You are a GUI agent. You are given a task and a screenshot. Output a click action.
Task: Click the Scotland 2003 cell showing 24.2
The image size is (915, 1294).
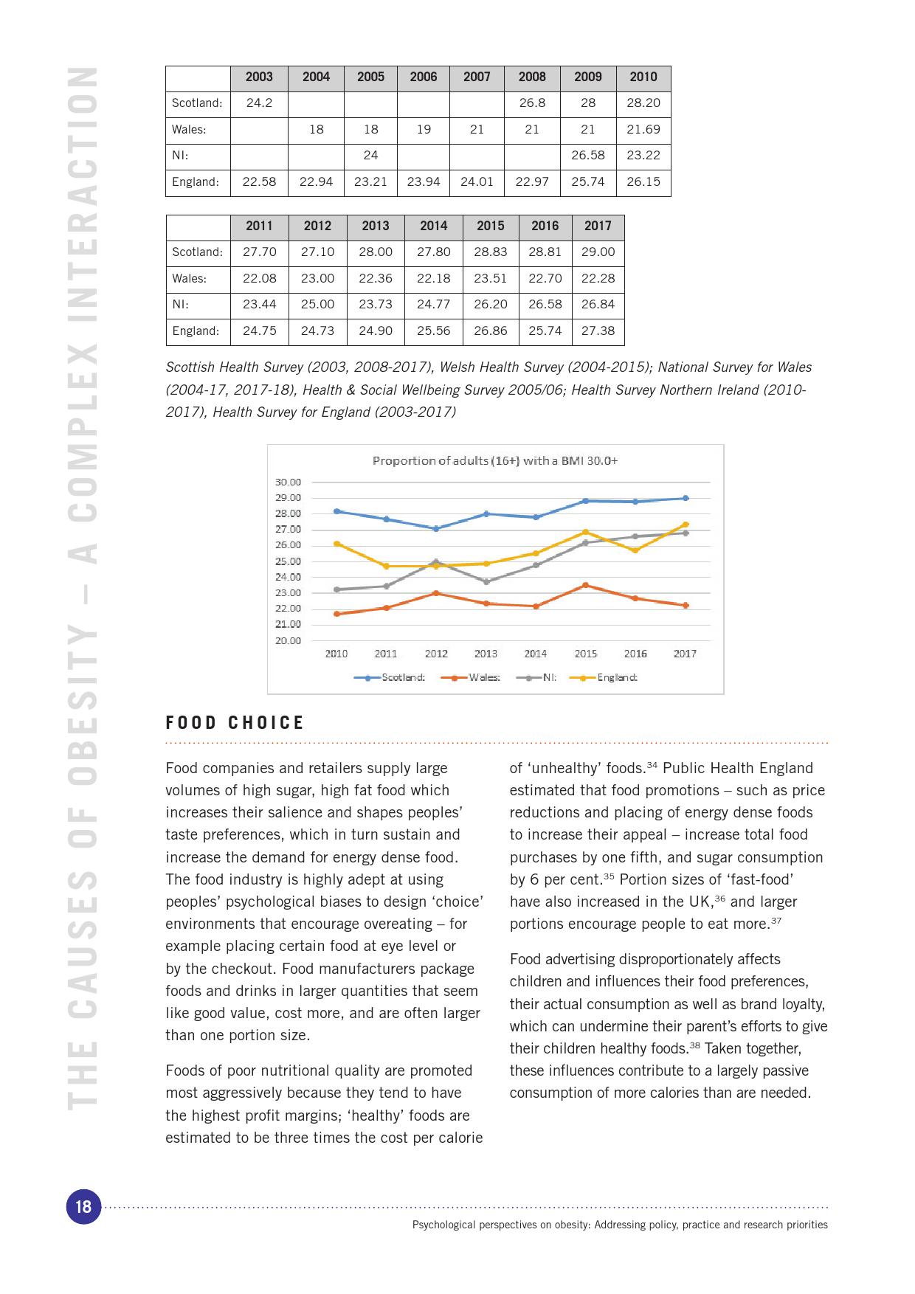pyautogui.click(x=259, y=103)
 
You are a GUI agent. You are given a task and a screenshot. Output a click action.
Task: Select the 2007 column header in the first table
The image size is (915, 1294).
pyautogui.click(x=477, y=77)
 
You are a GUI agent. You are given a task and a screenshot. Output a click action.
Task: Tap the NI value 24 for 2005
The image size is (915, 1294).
pyautogui.click(x=370, y=156)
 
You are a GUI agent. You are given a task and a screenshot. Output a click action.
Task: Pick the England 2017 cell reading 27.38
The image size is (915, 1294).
pyautogui.click(x=598, y=331)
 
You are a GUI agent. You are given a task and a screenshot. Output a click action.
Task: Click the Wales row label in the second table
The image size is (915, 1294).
pyautogui.click(x=190, y=279)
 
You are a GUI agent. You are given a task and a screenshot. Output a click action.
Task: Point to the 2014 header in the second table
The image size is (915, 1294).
pyautogui.click(x=434, y=226)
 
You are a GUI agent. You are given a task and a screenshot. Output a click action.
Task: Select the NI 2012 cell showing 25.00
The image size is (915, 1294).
pyautogui.click(x=317, y=305)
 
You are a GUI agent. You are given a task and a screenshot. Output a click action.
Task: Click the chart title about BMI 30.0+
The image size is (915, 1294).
pyautogui.click(x=495, y=461)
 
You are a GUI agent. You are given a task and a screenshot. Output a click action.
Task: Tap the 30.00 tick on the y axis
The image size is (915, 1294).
pyautogui.click(x=288, y=482)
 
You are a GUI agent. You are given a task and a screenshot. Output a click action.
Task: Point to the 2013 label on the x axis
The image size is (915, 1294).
pyautogui.click(x=486, y=654)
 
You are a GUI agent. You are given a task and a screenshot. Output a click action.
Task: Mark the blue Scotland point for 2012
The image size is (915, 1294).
pyautogui.click(x=436, y=529)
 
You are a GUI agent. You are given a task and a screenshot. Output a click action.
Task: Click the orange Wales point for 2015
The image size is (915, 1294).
pyautogui.click(x=586, y=586)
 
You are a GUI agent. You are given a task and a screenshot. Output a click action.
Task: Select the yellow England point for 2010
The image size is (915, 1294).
pyautogui.click(x=336, y=544)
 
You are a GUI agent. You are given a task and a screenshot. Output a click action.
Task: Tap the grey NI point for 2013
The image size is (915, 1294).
pyautogui.click(x=486, y=582)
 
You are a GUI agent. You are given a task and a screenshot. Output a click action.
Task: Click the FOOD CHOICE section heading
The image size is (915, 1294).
pyautogui.click(x=235, y=723)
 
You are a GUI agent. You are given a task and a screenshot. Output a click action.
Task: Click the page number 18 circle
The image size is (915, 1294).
pyautogui.click(x=83, y=1206)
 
